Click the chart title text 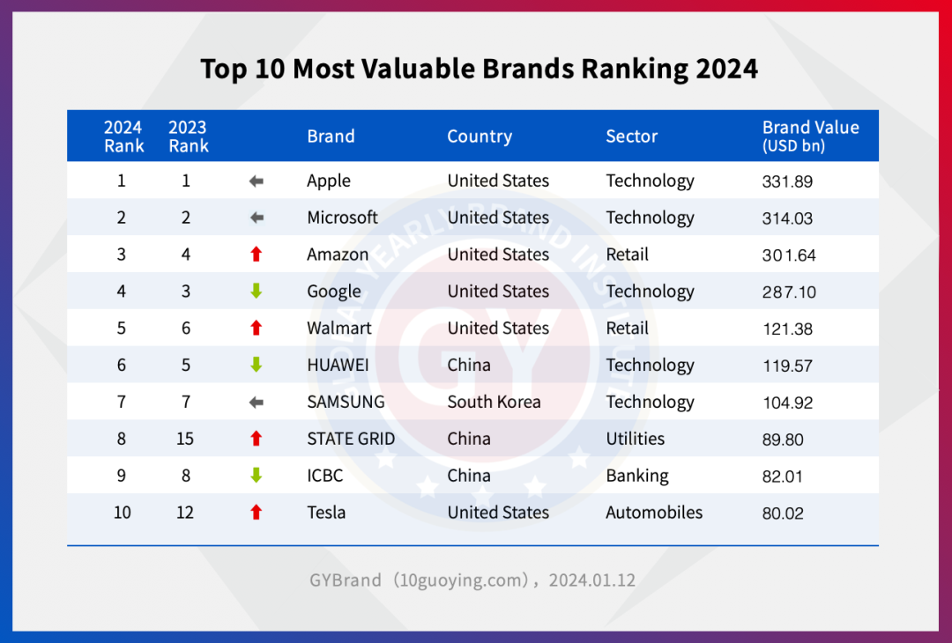(x=479, y=69)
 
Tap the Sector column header (x=631, y=137)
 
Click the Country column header (x=479, y=137)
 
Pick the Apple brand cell (x=329, y=181)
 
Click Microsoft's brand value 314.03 (x=787, y=218)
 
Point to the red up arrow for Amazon (x=257, y=255)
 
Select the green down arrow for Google (x=257, y=292)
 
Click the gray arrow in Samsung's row (x=257, y=403)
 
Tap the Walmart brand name (x=339, y=329)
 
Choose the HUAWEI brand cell (x=338, y=366)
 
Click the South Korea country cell (x=494, y=403)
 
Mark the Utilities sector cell (x=635, y=439)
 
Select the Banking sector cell (x=636, y=476)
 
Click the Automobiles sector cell (x=654, y=513)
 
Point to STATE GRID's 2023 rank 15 (x=185, y=439)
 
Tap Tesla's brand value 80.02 (x=783, y=514)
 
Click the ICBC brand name (x=325, y=476)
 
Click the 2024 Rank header (x=123, y=137)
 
